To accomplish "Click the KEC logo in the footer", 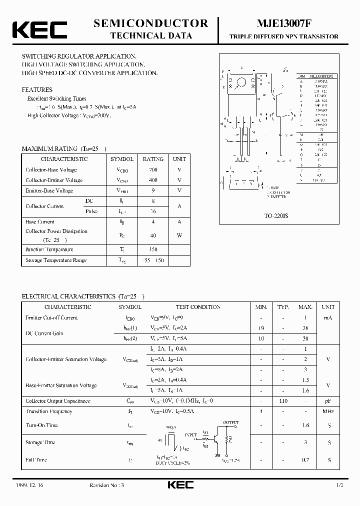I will click(179, 485).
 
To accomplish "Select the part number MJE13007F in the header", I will click(283, 23).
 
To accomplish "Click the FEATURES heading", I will click(37, 90).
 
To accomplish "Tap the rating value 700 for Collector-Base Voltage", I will click(153, 170).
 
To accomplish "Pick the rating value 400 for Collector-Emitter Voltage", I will click(153, 180).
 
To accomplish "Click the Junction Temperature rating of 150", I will click(153, 249).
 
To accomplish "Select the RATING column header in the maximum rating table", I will click(153, 159).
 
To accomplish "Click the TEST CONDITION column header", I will click(198, 307).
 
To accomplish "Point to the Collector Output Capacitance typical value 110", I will click(283, 401).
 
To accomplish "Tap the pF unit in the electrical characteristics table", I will click(328, 401).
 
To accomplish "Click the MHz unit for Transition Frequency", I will click(328, 411).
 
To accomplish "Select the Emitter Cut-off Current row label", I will click(51, 317).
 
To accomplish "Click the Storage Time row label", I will click(40, 442).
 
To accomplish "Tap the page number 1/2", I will click(340, 485).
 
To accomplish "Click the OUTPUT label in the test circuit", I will click(231, 422).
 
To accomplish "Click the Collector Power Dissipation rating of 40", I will click(153, 235).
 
